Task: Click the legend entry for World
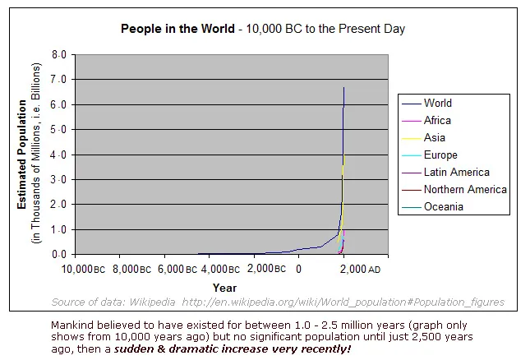tap(437, 104)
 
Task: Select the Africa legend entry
tap(437, 121)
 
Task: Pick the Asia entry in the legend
tap(434, 138)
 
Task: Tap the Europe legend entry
tap(440, 155)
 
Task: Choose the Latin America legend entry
tap(456, 173)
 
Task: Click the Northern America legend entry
tap(464, 190)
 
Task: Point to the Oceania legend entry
tap(442, 207)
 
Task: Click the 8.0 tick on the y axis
tap(59, 54)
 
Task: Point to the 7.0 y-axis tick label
tap(59, 80)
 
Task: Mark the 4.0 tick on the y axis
tap(59, 155)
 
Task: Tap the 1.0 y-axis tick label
tap(59, 229)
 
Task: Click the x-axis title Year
tap(224, 288)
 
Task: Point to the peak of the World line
tap(343, 87)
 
